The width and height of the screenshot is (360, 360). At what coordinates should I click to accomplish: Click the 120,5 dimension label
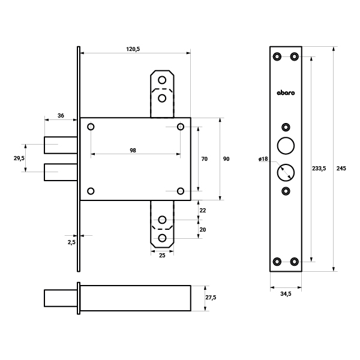[133, 49]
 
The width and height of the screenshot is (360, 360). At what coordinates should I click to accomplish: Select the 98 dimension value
[133, 151]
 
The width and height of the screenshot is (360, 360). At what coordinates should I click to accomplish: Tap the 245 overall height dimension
[341, 168]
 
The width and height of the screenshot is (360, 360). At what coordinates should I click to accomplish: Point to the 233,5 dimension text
[319, 169]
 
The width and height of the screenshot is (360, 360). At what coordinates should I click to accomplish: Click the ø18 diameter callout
[263, 159]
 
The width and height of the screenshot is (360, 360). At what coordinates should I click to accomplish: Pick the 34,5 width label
[286, 294]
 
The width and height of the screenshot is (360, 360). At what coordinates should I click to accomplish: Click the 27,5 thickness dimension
[211, 298]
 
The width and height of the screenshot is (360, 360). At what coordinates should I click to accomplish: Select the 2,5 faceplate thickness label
[71, 242]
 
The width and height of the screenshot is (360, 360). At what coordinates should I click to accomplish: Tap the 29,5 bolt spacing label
[19, 158]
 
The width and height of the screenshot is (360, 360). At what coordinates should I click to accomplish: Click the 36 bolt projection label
[61, 115]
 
